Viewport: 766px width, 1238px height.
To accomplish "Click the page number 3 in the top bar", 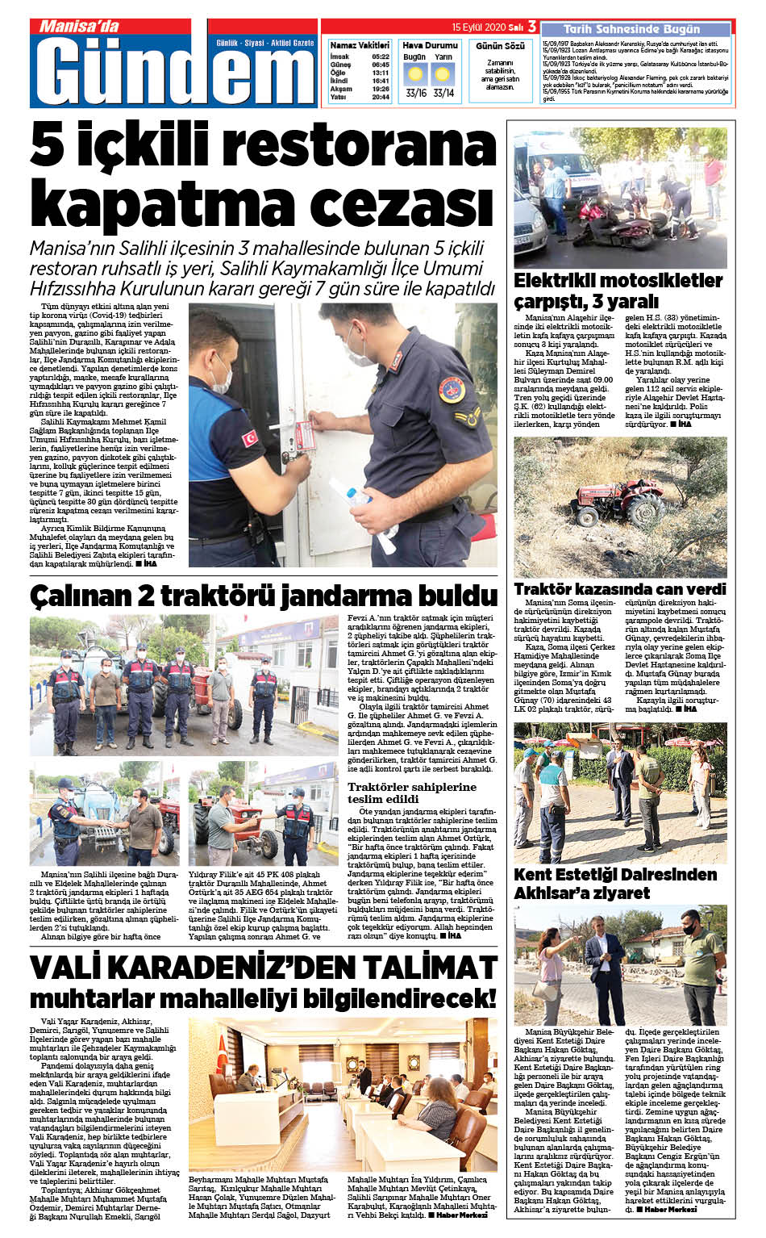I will tap(531, 27).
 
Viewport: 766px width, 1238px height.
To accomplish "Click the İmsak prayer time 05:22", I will tap(381, 57).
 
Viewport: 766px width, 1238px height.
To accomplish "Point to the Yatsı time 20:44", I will tap(381, 97).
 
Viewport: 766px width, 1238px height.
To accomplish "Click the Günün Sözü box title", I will tap(500, 46).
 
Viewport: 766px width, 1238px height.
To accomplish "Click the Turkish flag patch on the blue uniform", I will tap(250, 438).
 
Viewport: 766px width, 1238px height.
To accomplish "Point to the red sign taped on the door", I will tap(305, 436).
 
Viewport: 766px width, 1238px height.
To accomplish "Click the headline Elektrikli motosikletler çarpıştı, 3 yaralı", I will tap(618, 291).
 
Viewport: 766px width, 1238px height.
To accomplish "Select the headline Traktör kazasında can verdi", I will tap(620, 589).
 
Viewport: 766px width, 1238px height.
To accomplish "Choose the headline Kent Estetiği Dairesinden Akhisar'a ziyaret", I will tap(615, 883).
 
